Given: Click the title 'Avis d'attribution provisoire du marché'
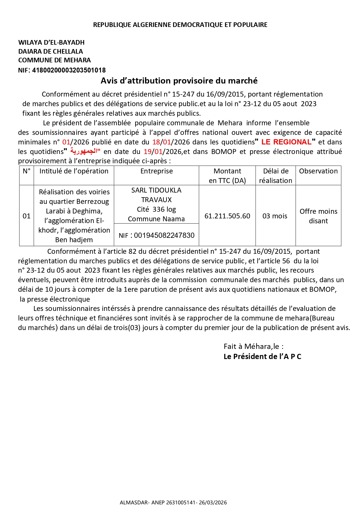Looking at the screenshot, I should tap(179, 81).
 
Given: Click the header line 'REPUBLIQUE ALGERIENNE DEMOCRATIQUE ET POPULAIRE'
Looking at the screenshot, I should tap(180, 25).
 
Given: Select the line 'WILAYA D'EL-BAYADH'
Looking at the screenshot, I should tap(51, 43).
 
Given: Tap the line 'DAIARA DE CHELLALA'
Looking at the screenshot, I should tap(50, 52).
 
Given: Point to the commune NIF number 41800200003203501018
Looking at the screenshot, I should tap(69, 70).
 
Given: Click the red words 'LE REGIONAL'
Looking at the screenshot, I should tap(286, 142).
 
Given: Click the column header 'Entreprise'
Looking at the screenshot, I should tap(156, 171).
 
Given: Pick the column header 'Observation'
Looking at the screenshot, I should tap(318, 171).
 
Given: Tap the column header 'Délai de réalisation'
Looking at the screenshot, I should tap(275, 176).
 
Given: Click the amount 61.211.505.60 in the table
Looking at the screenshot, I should tap(227, 216).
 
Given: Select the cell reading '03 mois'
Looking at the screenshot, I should tap(275, 216).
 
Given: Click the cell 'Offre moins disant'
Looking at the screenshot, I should tap(318, 216).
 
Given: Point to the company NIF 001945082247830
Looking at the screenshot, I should tap(164, 236).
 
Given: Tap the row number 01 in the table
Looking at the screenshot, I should tap(26, 216).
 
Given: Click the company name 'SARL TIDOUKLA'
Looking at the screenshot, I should tap(156, 191).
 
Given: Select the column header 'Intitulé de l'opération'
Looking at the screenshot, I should tap(74, 171).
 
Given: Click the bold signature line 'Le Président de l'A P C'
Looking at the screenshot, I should tap(262, 357).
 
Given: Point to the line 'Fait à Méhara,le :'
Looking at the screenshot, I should tap(253, 347).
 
